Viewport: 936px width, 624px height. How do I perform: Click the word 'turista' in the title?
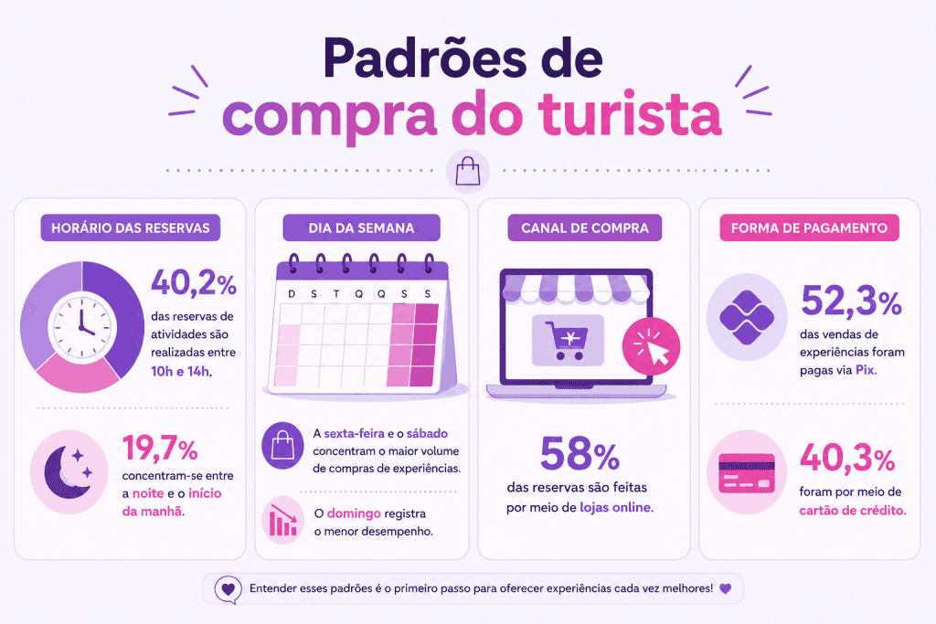click(x=631, y=112)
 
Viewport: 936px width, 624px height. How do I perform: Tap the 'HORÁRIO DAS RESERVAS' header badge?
click(x=130, y=227)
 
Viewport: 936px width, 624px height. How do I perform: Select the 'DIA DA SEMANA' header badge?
click(x=361, y=227)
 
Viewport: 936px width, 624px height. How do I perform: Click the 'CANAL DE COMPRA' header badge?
click(x=584, y=227)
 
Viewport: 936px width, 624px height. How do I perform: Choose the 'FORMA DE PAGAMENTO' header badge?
click(x=809, y=227)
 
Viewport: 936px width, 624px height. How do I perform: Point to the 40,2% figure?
click(x=194, y=283)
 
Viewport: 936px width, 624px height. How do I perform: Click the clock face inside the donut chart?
click(x=82, y=327)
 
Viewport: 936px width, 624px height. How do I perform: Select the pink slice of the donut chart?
click(x=79, y=374)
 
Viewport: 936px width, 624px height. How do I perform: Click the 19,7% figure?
click(x=160, y=448)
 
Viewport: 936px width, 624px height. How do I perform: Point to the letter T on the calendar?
click(x=336, y=293)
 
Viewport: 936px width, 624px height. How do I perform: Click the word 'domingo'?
click(x=354, y=513)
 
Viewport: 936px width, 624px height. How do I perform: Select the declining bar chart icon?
click(x=283, y=520)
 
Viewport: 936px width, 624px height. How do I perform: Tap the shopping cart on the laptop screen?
click(x=567, y=340)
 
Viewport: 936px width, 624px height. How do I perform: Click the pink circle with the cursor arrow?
click(x=651, y=346)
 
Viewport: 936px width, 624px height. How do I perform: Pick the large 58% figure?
click(x=580, y=454)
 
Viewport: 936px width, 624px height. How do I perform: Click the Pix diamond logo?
click(x=746, y=317)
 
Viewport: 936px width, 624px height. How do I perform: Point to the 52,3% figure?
click(x=851, y=301)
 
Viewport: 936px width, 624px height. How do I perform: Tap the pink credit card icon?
click(x=746, y=473)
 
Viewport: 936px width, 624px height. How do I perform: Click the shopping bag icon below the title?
click(x=468, y=171)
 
